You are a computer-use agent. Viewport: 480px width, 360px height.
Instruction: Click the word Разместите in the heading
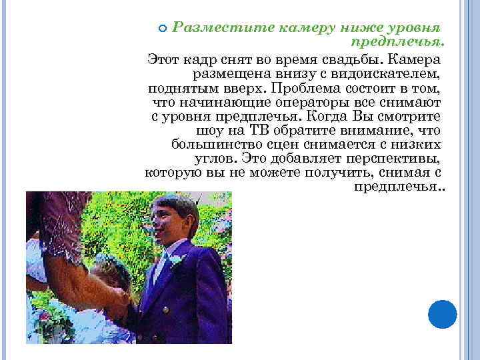click(x=208, y=29)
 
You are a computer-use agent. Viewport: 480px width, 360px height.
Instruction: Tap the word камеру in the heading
click(x=280, y=29)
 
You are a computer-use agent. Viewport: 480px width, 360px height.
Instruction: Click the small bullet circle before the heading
click(x=163, y=28)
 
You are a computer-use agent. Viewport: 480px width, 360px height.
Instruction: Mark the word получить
click(x=335, y=174)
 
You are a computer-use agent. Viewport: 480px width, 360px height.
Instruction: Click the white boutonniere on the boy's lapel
click(x=175, y=258)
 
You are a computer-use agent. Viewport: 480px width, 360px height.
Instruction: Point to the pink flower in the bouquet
click(x=45, y=318)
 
